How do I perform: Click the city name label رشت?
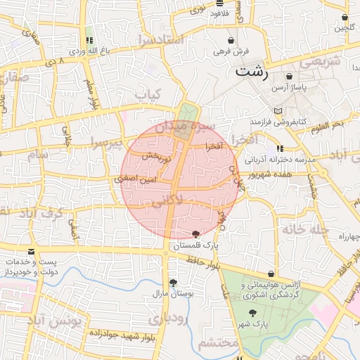252,71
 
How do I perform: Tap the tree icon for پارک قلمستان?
195,234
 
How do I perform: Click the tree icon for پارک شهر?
252,314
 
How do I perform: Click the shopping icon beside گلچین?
345,17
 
